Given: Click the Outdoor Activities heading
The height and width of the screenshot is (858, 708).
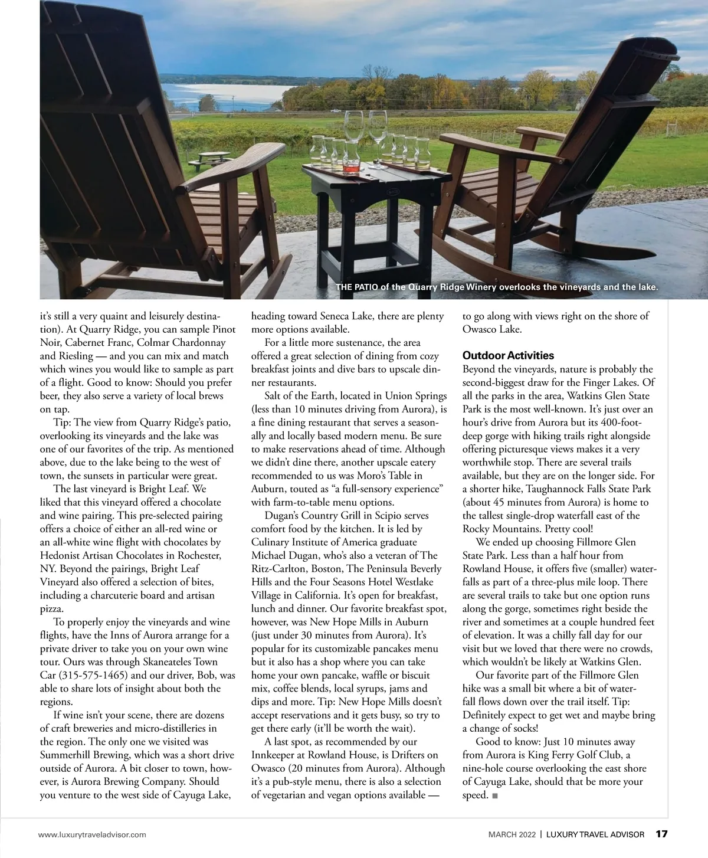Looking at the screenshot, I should point(508,355).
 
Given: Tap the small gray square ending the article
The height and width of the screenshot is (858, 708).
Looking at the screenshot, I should point(494,795).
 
